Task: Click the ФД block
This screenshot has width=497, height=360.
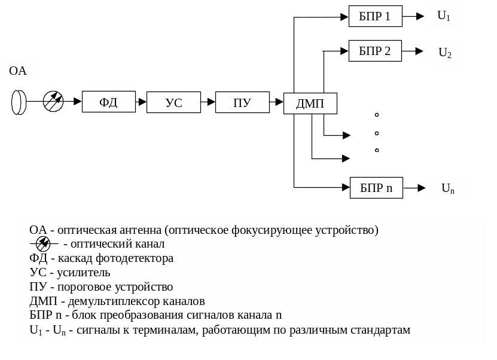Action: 108,102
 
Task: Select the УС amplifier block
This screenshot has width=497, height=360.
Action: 173,102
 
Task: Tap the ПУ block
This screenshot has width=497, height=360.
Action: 242,102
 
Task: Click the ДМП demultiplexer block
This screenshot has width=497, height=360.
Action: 310,103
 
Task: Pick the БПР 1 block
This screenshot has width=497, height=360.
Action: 375,17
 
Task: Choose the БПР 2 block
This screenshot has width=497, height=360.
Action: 375,51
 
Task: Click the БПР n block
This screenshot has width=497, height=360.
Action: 377,188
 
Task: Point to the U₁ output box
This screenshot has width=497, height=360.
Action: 444,16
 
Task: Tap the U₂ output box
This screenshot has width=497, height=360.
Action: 444,53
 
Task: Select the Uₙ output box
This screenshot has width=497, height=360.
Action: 448,188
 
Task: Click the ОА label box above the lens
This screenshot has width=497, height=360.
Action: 18,71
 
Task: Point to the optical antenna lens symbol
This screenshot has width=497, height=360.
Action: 19,102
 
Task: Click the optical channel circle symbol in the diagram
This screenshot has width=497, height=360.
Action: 53,102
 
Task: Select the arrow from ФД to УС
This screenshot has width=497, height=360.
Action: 141,102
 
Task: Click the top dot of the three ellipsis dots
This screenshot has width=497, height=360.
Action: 377,114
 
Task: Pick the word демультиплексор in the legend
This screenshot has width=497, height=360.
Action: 105,301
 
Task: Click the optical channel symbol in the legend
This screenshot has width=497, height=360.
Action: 43,243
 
